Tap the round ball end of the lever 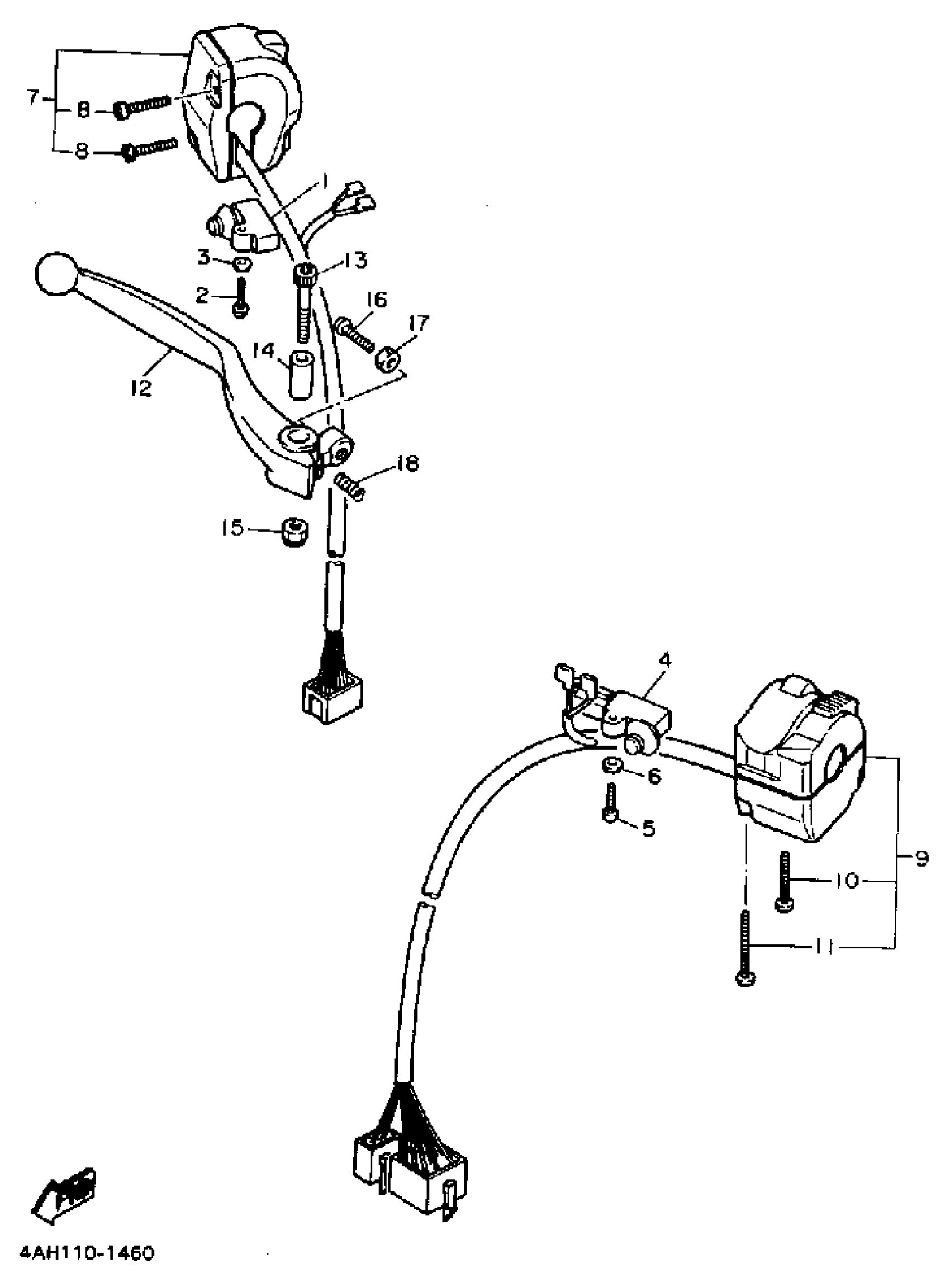click(x=55, y=274)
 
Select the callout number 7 click(x=34, y=98)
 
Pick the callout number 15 click(x=233, y=528)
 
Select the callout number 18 click(x=408, y=463)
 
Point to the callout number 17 click(x=419, y=324)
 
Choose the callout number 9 click(x=921, y=858)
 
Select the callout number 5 click(x=648, y=829)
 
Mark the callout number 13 click(x=356, y=260)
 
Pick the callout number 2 click(x=202, y=296)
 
